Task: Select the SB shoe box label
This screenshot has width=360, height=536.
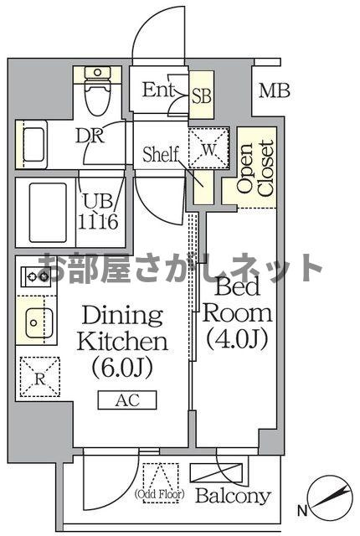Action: point(202,95)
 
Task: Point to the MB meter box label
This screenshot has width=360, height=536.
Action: point(274,90)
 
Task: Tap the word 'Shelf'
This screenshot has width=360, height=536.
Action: point(161,154)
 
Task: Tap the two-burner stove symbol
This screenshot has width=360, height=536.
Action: point(35,275)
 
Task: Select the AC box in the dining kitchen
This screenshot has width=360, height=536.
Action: point(126,399)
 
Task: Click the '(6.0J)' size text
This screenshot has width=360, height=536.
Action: point(122,367)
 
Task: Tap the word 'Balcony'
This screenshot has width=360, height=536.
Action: point(234,496)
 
